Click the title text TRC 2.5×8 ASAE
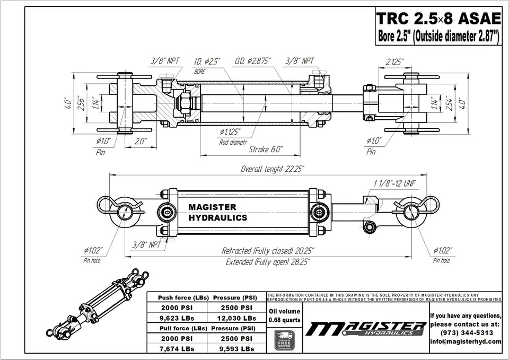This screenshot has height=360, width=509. [x=438, y=19]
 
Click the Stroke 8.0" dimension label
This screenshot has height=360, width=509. [x=266, y=149]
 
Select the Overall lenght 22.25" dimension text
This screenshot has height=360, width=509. [x=273, y=169]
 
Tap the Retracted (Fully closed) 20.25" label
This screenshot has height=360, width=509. [x=268, y=250]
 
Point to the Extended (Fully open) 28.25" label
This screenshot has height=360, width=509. [x=268, y=262]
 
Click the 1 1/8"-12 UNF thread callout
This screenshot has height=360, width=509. [x=394, y=183]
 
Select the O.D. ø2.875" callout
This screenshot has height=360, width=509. [x=252, y=62]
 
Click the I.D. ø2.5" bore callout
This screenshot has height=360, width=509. [x=207, y=62]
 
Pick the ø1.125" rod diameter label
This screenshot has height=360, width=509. [x=230, y=131]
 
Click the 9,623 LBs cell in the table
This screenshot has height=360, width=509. [x=177, y=318]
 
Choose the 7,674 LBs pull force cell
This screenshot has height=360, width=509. [x=177, y=348]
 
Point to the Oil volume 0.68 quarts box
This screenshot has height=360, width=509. [x=285, y=315]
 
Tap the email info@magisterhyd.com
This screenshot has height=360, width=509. [x=466, y=341]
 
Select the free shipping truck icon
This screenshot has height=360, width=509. [x=285, y=339]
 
